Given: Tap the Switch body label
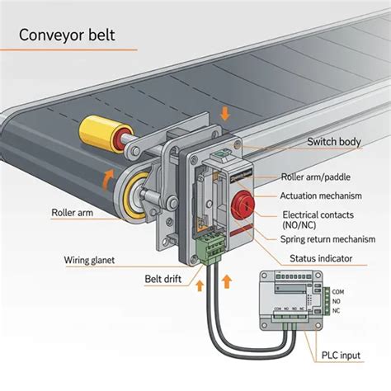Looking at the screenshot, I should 333,142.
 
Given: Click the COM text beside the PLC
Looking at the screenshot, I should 337,290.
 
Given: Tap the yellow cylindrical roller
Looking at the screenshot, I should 100,134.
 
